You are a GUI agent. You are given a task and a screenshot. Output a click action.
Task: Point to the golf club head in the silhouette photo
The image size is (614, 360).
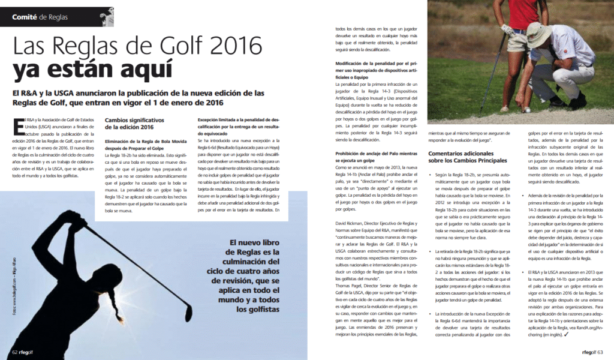point(188,311)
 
